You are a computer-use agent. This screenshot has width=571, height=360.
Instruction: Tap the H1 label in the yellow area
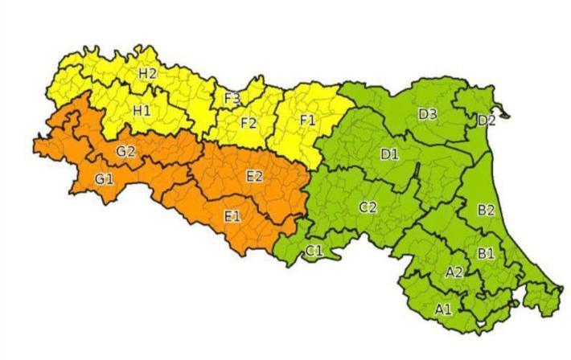142,110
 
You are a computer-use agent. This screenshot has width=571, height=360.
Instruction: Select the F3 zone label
232,98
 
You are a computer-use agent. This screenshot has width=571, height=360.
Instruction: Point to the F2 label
249,124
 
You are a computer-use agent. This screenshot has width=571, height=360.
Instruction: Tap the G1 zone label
104,179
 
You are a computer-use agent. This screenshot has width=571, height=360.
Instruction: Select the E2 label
253,177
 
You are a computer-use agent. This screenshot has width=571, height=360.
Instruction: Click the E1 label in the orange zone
232,215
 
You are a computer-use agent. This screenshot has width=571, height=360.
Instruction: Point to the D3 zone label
427,114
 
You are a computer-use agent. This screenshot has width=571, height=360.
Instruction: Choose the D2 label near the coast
486,121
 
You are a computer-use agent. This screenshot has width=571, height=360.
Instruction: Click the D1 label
389,153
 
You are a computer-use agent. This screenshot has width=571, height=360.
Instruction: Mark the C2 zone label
368,207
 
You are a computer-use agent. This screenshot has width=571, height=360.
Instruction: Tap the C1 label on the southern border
314,252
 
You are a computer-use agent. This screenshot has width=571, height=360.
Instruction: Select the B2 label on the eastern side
486,211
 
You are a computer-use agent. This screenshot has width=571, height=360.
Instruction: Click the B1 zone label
486,254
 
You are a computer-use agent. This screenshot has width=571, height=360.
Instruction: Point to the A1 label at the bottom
443,309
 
